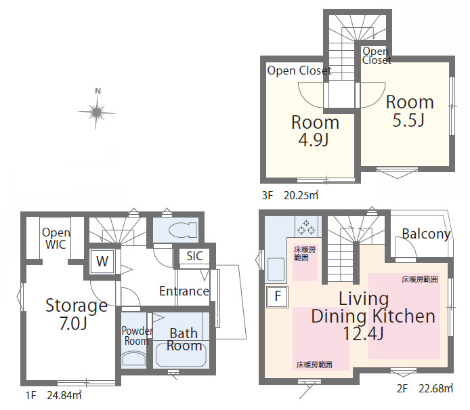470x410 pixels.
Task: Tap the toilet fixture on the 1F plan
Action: (183, 230)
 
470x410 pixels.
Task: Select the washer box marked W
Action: (102, 262)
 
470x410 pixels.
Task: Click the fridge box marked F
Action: (278, 297)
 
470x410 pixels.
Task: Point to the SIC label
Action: (194, 256)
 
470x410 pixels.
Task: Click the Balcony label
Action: (426, 234)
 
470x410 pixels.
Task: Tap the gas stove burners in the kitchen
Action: (306, 227)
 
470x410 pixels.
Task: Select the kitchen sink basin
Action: (276, 269)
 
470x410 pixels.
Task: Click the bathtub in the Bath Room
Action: (181, 354)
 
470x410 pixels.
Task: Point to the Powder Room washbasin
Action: (134, 358)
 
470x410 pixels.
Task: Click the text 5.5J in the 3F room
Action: (408, 120)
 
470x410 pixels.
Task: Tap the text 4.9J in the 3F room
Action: (314, 140)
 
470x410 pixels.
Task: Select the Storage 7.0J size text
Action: (73, 323)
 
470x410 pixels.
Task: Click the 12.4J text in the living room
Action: (363, 333)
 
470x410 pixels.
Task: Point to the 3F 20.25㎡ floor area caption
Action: (290, 196)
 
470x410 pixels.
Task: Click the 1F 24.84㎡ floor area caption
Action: (54, 395)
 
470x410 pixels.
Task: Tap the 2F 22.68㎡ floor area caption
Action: (425, 389)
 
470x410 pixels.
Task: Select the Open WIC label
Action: (56, 239)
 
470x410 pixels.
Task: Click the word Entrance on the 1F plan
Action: (184, 291)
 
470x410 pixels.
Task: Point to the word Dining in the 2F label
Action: (339, 316)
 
